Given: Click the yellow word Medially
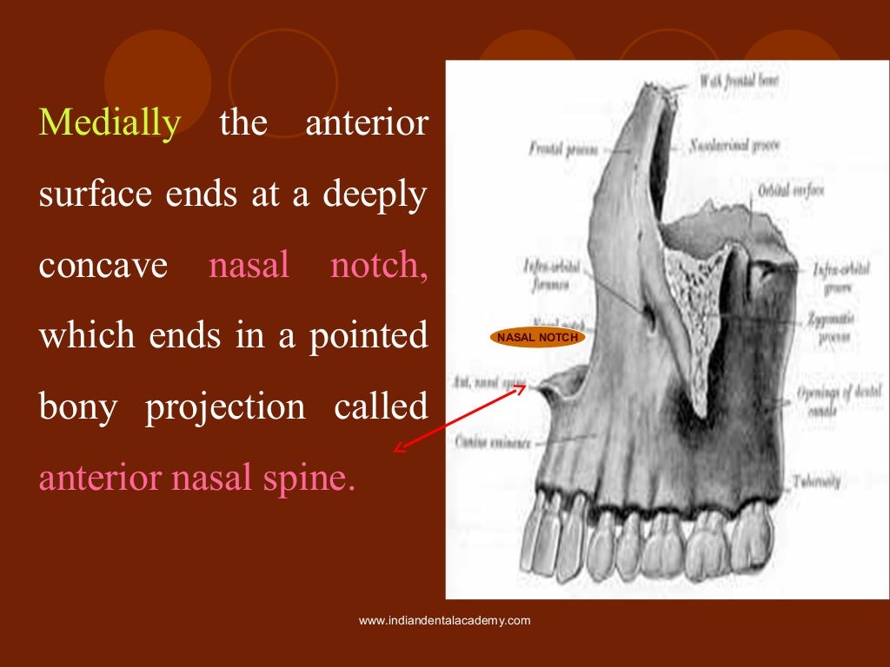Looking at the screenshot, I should (110, 123).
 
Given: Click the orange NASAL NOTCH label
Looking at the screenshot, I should (538, 337).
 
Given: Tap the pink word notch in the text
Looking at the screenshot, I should (378, 266).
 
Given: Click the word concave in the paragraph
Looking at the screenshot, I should (103, 266).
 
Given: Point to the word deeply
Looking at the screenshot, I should (375, 195).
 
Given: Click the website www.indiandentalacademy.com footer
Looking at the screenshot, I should (444, 620).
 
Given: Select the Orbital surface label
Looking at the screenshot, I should (790, 189).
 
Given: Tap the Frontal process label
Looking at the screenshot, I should (561, 149).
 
